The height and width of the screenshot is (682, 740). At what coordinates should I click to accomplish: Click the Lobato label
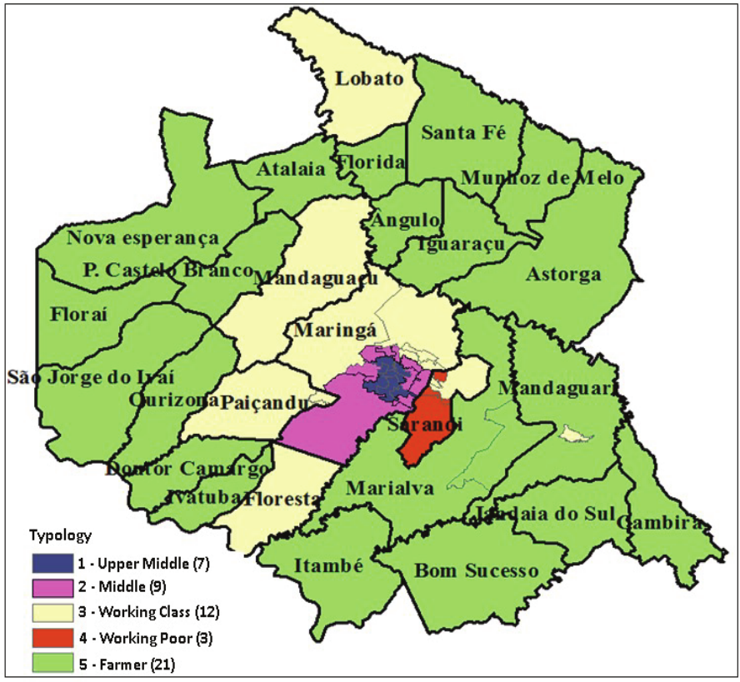pos(369,80)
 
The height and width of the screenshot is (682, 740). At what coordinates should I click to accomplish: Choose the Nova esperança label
pos(143,238)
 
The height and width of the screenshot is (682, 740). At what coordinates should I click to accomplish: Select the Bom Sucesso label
pos(477,572)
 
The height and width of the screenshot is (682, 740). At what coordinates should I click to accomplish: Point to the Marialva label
pos(390,489)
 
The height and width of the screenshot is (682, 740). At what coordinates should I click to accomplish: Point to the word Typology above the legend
pos(60,535)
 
